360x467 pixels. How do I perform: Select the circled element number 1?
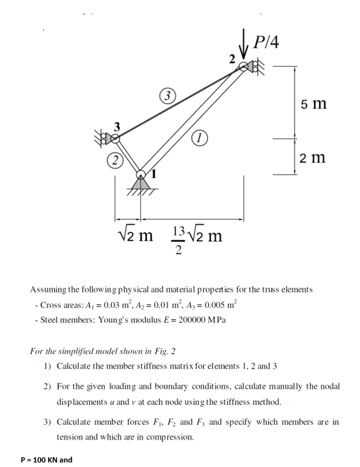[200, 137]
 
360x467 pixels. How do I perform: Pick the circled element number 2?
[115, 160]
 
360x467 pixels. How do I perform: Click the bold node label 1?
[155, 175]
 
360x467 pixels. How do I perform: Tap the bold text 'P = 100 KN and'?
[47, 459]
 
